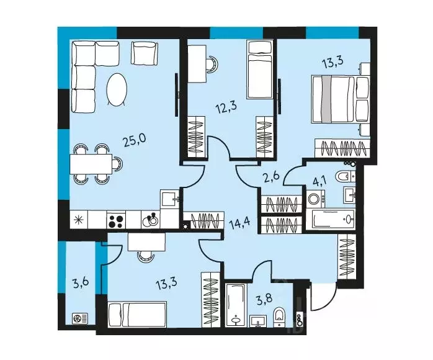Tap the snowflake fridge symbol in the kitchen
[x=79, y=220]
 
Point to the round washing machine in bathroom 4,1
[x=314, y=200]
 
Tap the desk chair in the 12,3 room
[x=212, y=63]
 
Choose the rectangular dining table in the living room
[x=91, y=164]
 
